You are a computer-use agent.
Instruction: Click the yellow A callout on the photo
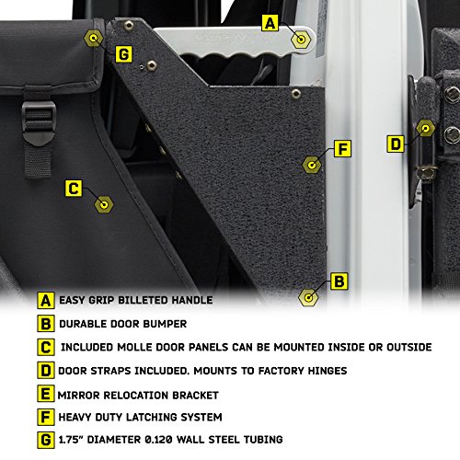(x=270, y=22)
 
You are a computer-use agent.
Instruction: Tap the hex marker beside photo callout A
(x=300, y=40)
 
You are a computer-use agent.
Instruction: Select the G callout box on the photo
(x=123, y=54)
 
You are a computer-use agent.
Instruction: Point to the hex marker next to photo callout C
(x=105, y=202)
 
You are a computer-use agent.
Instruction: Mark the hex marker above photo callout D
(x=425, y=128)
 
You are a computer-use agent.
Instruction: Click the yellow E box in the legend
(x=46, y=395)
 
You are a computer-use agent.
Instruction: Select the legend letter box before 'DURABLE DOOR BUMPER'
(x=46, y=324)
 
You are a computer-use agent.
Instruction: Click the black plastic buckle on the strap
(x=39, y=118)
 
